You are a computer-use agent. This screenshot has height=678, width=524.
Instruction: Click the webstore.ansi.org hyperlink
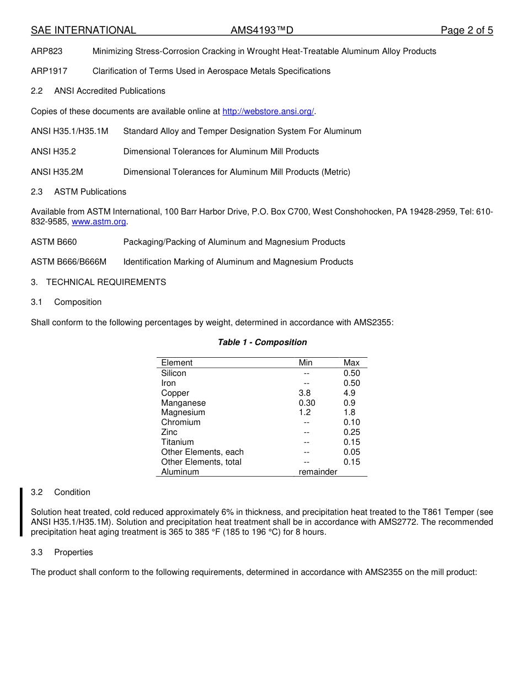pyautogui.click(x=268, y=111)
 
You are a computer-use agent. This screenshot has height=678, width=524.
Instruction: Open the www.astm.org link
pyautogui.click(x=99, y=222)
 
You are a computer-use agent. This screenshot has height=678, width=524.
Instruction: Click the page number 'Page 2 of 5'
pyautogui.click(x=467, y=30)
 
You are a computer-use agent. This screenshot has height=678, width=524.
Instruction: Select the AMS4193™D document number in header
pyautogui.click(x=258, y=30)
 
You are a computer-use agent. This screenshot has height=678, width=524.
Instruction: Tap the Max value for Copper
pyautogui.click(x=349, y=393)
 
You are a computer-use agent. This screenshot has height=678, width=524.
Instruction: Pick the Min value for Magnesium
pyautogui.click(x=304, y=412)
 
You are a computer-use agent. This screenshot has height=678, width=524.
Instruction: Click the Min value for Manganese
pyautogui.click(x=307, y=403)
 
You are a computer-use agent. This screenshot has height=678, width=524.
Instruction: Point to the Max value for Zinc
pyautogui.click(x=351, y=432)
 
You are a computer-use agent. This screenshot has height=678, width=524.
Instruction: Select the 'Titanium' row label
pyautogui.click(x=178, y=442)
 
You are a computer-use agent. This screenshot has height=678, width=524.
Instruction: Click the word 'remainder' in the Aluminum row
pyautogui.click(x=318, y=472)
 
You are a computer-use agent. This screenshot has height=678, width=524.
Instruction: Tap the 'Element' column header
pyautogui.click(x=177, y=363)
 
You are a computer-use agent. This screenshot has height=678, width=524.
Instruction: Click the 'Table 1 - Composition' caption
pyautogui.click(x=262, y=342)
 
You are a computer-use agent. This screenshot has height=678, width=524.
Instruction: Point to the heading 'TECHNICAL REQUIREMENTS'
pyautogui.click(x=106, y=282)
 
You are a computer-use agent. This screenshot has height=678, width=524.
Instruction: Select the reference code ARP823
pyautogui.click(x=47, y=51)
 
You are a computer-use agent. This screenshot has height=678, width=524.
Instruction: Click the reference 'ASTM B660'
pyautogui.click(x=54, y=242)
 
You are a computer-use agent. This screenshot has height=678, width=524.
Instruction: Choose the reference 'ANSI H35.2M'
pyautogui.click(x=57, y=172)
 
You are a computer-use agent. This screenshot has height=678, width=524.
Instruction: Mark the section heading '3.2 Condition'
pyautogui.click(x=61, y=492)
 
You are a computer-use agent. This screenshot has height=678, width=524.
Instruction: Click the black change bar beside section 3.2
pyautogui.click(x=21, y=512)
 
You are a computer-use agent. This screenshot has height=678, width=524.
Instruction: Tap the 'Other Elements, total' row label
pyautogui.click(x=201, y=462)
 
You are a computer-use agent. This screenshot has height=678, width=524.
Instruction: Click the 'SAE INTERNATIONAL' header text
pyautogui.click(x=83, y=30)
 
